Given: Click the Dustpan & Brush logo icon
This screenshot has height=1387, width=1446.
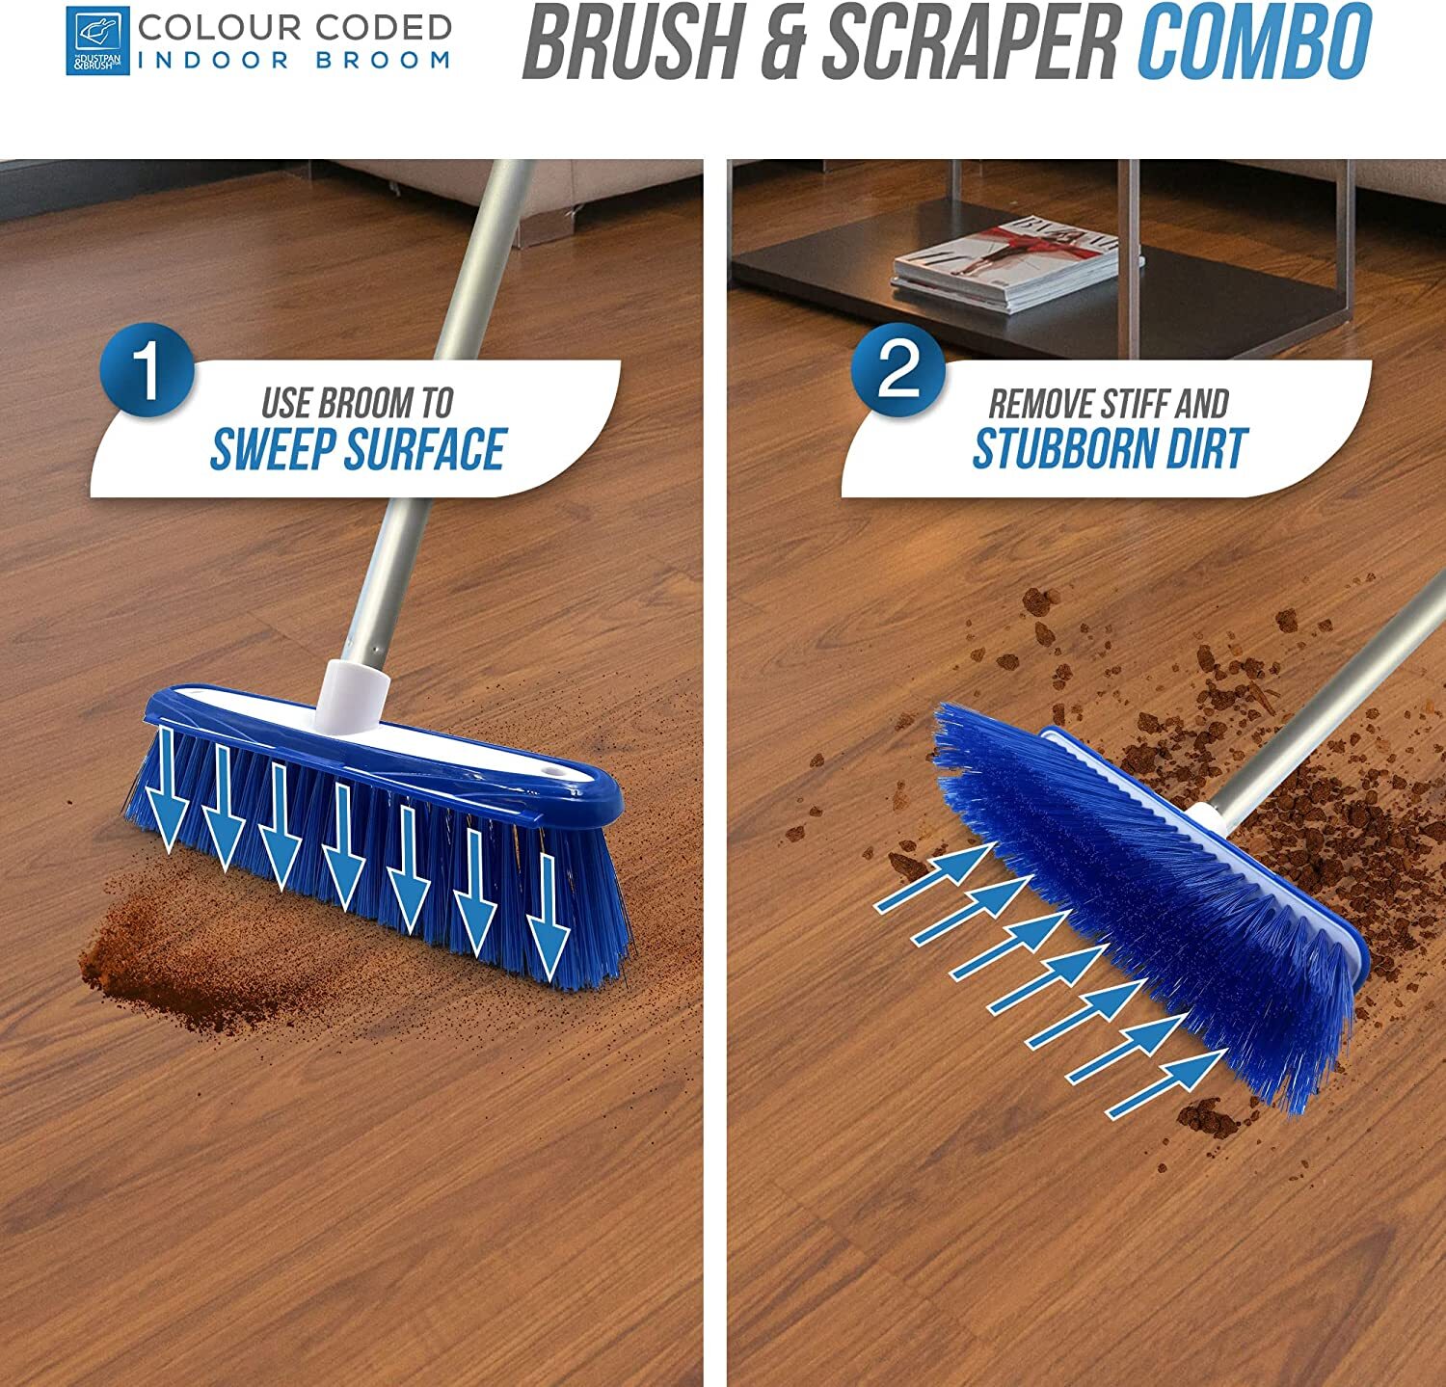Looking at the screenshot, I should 97,41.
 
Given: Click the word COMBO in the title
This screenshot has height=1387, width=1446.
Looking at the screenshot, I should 1254,44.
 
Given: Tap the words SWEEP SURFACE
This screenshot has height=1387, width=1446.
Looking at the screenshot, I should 358,449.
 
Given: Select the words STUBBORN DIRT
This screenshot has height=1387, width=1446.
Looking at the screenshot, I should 1110,449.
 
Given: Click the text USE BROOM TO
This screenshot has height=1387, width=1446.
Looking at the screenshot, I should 358,402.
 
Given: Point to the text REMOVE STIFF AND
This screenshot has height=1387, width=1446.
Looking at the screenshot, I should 1109,403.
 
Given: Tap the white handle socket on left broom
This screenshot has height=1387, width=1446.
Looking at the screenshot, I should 354,694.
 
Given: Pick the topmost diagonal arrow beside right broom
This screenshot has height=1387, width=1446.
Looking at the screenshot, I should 935,876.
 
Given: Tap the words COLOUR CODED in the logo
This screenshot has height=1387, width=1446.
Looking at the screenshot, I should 294,27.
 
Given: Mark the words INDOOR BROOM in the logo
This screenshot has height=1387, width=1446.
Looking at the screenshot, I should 294,60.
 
